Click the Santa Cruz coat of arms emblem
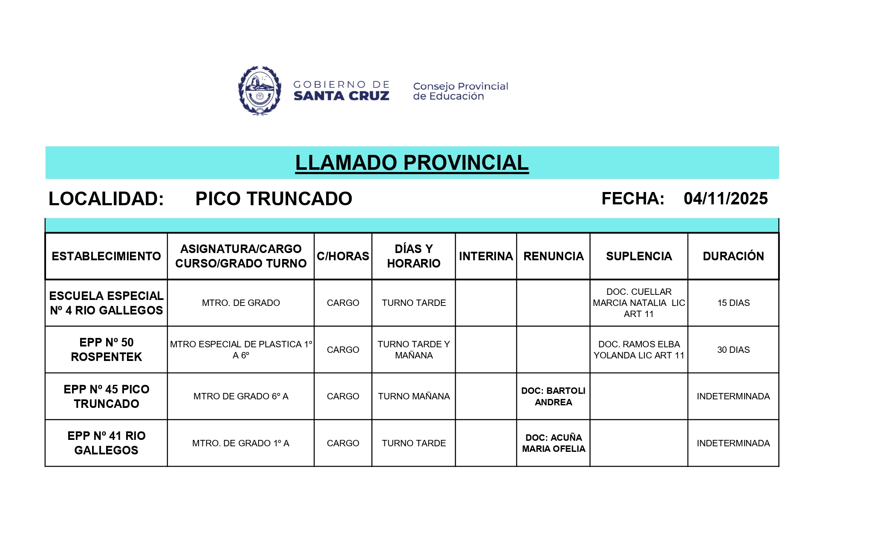point(260,91)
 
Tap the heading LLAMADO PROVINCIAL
point(412,163)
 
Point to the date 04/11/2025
point(725,199)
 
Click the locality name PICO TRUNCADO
point(274,199)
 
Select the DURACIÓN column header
point(733,256)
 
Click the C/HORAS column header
point(343,256)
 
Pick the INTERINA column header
point(486,256)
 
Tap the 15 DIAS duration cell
point(733,303)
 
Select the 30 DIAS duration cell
point(733,350)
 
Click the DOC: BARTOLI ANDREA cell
point(553,396)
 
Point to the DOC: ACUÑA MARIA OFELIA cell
point(553,443)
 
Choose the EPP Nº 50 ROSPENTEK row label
point(107,350)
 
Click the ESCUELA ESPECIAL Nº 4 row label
point(107,303)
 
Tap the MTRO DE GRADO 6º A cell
point(241,396)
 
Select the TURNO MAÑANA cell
point(413,396)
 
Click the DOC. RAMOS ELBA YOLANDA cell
point(638,350)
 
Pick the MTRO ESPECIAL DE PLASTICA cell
point(241,350)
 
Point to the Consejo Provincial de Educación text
point(460,91)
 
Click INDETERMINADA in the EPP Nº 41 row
point(733,443)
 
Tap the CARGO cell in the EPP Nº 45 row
point(343,396)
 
